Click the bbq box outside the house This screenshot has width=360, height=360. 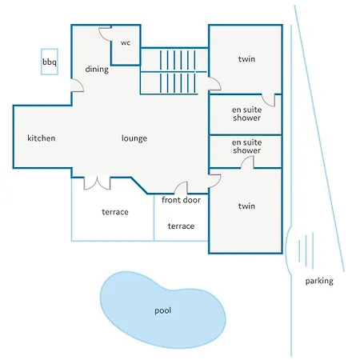(x=50, y=62)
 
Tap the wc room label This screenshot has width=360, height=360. (x=126, y=42)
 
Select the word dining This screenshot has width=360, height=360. (x=97, y=70)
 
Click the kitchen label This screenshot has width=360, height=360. (x=42, y=138)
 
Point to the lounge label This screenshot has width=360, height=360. (x=134, y=138)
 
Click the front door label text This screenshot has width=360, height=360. (x=181, y=200)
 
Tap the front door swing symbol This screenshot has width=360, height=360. (x=181, y=187)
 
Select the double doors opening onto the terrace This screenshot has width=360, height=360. (x=97, y=183)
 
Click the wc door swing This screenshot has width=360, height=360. (x=105, y=34)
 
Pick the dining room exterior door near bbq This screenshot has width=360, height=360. (x=78, y=86)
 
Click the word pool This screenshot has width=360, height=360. (x=162, y=310)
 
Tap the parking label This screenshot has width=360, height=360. (x=319, y=281)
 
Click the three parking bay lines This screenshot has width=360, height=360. (x=306, y=250)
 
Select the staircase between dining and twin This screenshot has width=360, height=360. (x=174, y=71)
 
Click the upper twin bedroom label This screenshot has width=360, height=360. (x=246, y=58)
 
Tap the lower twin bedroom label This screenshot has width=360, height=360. (x=246, y=206)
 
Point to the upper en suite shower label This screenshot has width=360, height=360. (x=246, y=114)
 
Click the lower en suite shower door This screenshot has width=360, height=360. (x=247, y=162)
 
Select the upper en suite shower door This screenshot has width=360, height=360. (x=268, y=100)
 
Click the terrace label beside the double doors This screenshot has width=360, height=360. (x=115, y=212)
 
